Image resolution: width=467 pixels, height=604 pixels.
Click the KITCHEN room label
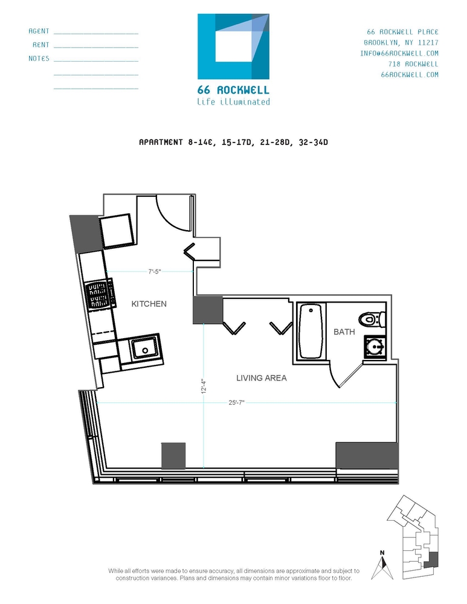point(149,304)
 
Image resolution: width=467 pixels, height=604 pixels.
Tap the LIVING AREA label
point(261,378)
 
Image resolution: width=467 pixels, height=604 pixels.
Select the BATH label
point(343,332)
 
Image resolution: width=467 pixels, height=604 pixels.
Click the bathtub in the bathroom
point(311,332)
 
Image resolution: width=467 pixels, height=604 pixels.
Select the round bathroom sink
point(375,347)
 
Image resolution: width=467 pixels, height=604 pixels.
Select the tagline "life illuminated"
point(233,102)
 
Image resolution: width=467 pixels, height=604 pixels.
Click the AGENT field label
point(39,31)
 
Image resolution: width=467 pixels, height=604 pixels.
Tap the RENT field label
point(41,45)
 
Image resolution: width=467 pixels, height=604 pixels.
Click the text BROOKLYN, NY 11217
point(401,42)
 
